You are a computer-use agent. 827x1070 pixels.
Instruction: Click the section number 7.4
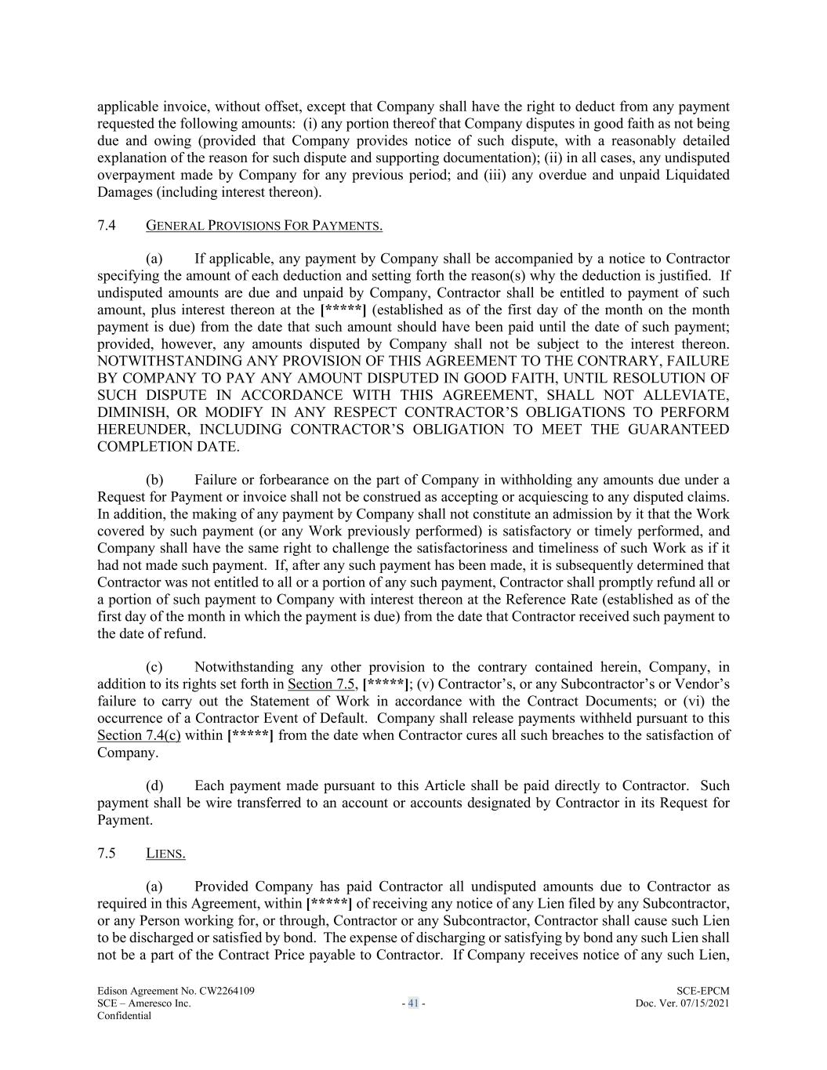pos(107,226)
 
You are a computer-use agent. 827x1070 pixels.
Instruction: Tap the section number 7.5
pos(107,853)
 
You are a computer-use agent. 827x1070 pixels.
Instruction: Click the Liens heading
pos(165,854)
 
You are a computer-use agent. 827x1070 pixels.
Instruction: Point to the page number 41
pos(413,1003)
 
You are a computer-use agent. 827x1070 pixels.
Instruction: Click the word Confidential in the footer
pos(124,1015)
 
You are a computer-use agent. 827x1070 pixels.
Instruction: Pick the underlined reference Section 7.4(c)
pos(139,735)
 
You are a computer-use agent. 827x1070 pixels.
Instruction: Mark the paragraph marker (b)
pos(154,480)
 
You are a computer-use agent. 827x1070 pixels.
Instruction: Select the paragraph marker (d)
pos(154,785)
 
